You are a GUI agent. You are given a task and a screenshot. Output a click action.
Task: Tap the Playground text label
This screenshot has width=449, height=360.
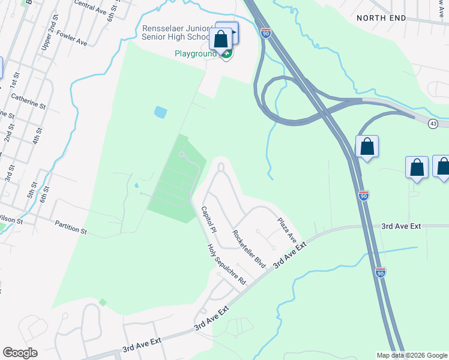[x=195, y=53]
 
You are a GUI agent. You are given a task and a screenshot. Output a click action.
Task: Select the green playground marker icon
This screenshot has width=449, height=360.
[x=226, y=55]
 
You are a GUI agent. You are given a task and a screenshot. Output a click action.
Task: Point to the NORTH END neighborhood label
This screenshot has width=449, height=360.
[x=381, y=18]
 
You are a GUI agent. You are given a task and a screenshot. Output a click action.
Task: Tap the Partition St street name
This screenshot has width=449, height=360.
[x=71, y=227]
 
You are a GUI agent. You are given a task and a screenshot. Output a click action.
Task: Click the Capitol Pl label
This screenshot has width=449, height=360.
[x=209, y=221]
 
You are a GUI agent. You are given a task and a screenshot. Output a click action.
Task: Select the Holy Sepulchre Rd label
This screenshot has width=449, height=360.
[x=227, y=264]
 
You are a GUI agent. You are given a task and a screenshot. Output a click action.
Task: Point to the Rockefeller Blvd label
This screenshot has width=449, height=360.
[x=249, y=248]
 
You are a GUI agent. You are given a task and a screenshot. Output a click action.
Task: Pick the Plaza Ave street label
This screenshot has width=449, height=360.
[x=287, y=230]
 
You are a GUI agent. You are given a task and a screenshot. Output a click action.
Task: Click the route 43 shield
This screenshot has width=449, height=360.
[x=433, y=123]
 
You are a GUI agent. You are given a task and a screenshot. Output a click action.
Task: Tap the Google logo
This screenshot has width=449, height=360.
[x=20, y=353]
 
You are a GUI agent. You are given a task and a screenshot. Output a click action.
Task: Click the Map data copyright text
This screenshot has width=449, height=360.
[x=412, y=355]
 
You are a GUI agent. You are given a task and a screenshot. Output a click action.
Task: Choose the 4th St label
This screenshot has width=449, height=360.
[x=37, y=137]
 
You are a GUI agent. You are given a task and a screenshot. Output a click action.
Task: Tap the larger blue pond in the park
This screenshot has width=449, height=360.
[x=160, y=112]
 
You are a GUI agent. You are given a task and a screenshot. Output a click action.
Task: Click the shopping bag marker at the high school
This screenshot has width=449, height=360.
[x=221, y=39]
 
